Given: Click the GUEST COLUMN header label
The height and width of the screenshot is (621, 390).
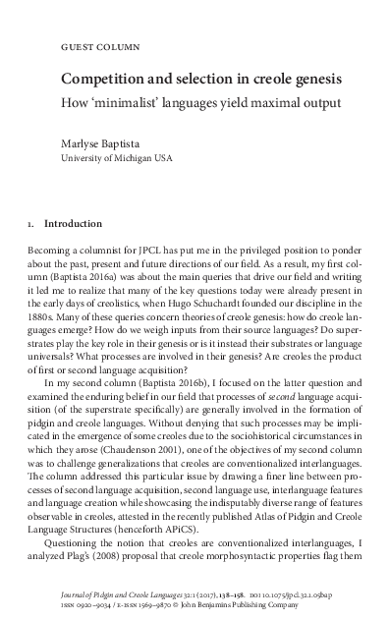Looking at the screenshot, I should [100, 45].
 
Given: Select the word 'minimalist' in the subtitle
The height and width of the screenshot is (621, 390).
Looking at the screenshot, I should [132, 101].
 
